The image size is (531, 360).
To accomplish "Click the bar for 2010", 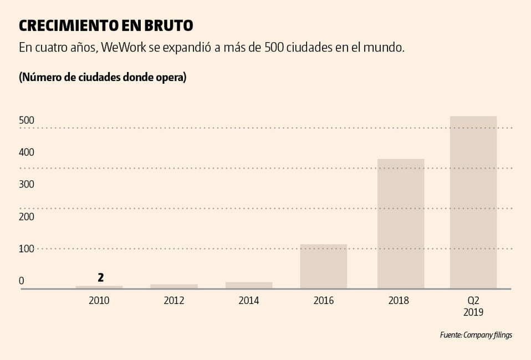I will click(99, 287).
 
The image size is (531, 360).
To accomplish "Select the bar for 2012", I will click(173, 286).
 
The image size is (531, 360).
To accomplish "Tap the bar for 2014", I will click(248, 285).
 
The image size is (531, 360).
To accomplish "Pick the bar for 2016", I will click(323, 266).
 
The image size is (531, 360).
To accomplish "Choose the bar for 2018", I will click(400, 224).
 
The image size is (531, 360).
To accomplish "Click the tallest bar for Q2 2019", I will click(473, 202).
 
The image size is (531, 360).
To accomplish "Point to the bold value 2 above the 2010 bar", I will click(100, 277).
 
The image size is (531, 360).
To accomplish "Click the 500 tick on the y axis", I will click(27, 120).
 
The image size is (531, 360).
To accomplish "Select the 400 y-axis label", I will click(27, 152).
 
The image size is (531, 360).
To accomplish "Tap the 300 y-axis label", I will click(27, 184).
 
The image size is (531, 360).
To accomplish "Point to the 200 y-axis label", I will click(27, 216).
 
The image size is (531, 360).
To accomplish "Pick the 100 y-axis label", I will click(27, 249).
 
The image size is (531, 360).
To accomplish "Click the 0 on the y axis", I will click(22, 281).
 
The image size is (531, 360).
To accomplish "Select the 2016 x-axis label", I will click(323, 301).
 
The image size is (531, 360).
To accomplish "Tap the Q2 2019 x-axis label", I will click(473, 306).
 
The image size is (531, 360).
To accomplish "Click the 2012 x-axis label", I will click(173, 301).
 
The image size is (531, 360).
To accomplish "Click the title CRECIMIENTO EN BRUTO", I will click(106, 26).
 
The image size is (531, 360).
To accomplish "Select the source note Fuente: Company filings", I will click(476, 335).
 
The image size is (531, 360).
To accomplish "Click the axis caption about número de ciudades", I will click(103, 77).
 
